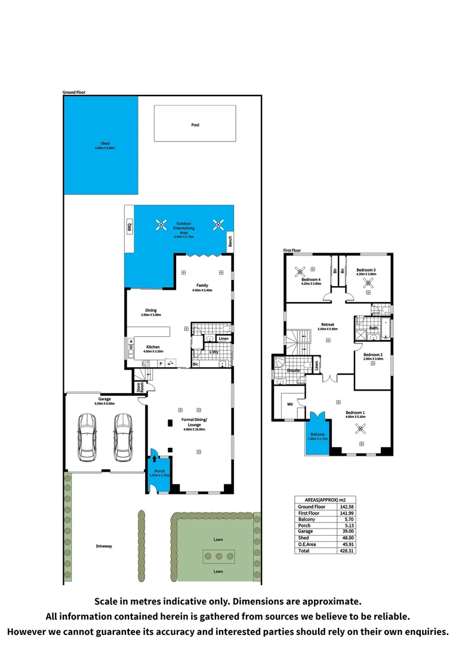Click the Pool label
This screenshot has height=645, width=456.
tap(195, 125)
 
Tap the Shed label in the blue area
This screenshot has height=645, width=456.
tap(105, 143)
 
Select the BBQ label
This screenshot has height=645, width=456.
tap(129, 227)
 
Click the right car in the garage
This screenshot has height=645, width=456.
tap(122, 437)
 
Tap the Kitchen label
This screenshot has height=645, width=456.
tap(153, 347)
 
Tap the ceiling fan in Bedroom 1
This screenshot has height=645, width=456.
tap(361, 428)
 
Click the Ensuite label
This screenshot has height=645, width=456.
tap(294, 370)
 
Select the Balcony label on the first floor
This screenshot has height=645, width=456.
tap(318, 434)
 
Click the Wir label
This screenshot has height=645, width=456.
tap(290, 404)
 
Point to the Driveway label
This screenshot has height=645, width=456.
tap(104, 546)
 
